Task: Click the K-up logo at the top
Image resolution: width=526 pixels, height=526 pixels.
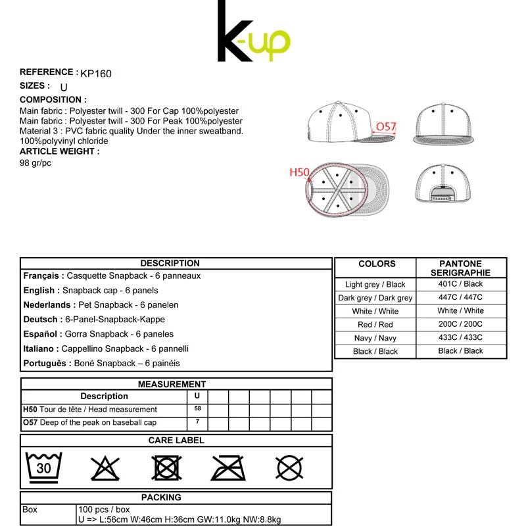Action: point(254,33)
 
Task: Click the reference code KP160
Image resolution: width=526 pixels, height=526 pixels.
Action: point(96,74)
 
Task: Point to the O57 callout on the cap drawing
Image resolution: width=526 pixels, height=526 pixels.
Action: point(386,126)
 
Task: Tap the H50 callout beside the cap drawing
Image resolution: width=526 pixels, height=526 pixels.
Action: point(299,172)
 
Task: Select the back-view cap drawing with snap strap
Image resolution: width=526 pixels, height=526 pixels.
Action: point(444,183)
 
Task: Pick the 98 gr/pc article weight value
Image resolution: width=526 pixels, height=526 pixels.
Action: point(36,163)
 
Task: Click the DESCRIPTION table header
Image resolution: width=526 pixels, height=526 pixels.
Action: point(170,263)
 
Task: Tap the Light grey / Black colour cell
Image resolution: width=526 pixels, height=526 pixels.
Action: point(375,285)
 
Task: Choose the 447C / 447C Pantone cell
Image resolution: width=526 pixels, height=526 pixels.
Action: point(460,297)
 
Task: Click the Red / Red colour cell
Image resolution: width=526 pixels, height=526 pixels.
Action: point(375,325)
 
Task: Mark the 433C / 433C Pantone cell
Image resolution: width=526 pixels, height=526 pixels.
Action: point(460,337)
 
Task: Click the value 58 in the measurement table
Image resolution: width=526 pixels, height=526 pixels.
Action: point(197,409)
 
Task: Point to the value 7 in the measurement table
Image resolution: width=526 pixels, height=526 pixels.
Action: point(197,422)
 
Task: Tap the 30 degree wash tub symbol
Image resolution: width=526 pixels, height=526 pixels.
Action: point(43,467)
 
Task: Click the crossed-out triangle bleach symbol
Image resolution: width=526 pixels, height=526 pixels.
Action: point(105,468)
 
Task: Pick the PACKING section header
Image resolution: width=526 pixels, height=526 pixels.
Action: point(161,497)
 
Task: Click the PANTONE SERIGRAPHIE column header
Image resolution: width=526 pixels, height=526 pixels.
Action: point(460,268)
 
